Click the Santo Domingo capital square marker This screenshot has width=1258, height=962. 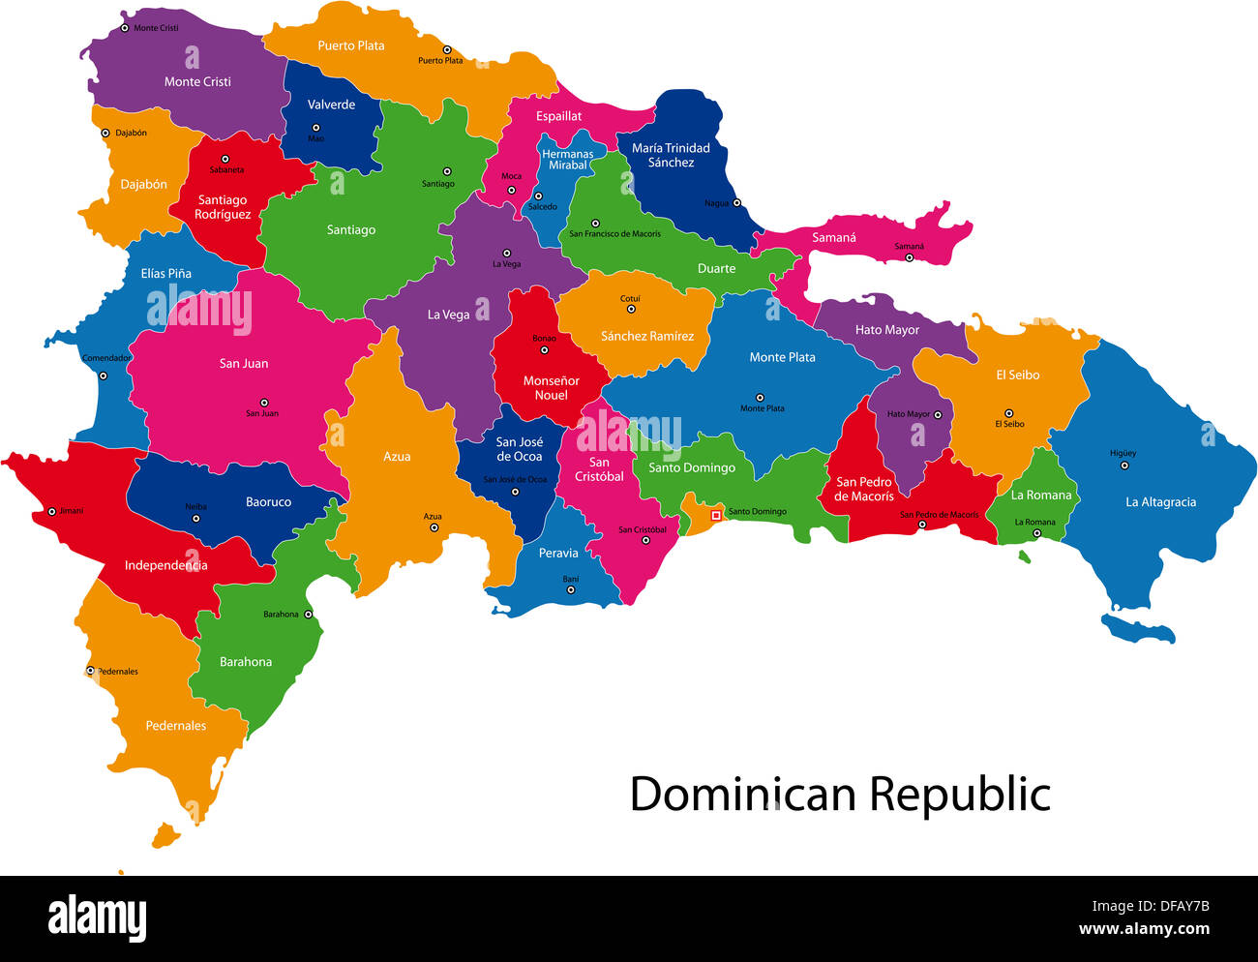716,515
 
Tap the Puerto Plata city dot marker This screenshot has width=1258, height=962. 447,49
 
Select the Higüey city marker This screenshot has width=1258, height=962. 1124,466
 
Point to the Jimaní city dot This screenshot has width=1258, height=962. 52,511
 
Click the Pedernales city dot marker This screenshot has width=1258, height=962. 90,670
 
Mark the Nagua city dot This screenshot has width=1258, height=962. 736,203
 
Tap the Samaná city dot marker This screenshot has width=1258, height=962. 909,257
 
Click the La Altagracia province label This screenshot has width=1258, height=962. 1160,502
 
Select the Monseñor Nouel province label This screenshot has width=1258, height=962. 551,388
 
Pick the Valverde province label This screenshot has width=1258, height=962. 331,105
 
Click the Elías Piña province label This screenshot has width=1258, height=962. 165,274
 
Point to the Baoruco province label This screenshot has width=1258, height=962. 268,502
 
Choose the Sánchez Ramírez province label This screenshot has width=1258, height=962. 646,337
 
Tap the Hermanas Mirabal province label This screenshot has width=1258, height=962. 567,160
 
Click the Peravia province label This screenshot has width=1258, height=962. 558,554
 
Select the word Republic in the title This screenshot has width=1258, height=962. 959,795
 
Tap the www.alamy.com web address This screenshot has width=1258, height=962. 1144,930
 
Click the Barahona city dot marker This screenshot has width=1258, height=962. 309,614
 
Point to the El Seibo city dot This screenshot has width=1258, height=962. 1008,412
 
